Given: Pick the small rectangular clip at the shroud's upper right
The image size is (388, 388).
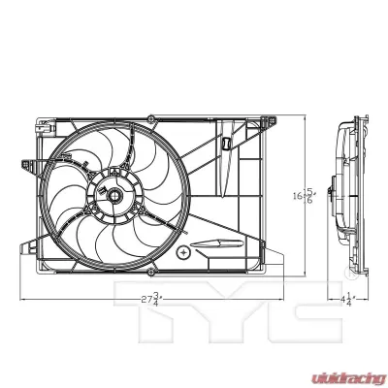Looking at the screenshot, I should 224,145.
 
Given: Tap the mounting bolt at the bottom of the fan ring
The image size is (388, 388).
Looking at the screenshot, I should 113,263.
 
